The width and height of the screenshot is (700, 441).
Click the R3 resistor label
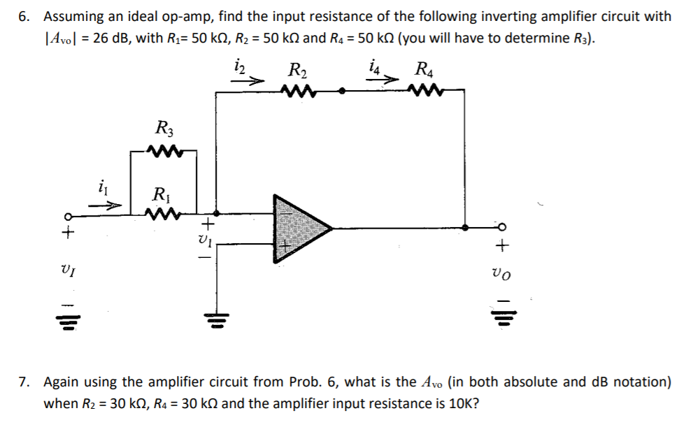(x=165, y=129)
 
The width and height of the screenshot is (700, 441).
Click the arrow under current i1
(x=108, y=206)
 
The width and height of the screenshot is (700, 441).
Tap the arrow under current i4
(x=384, y=81)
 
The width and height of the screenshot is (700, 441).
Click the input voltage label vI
(x=68, y=269)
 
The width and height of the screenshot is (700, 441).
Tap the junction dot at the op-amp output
(x=466, y=227)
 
